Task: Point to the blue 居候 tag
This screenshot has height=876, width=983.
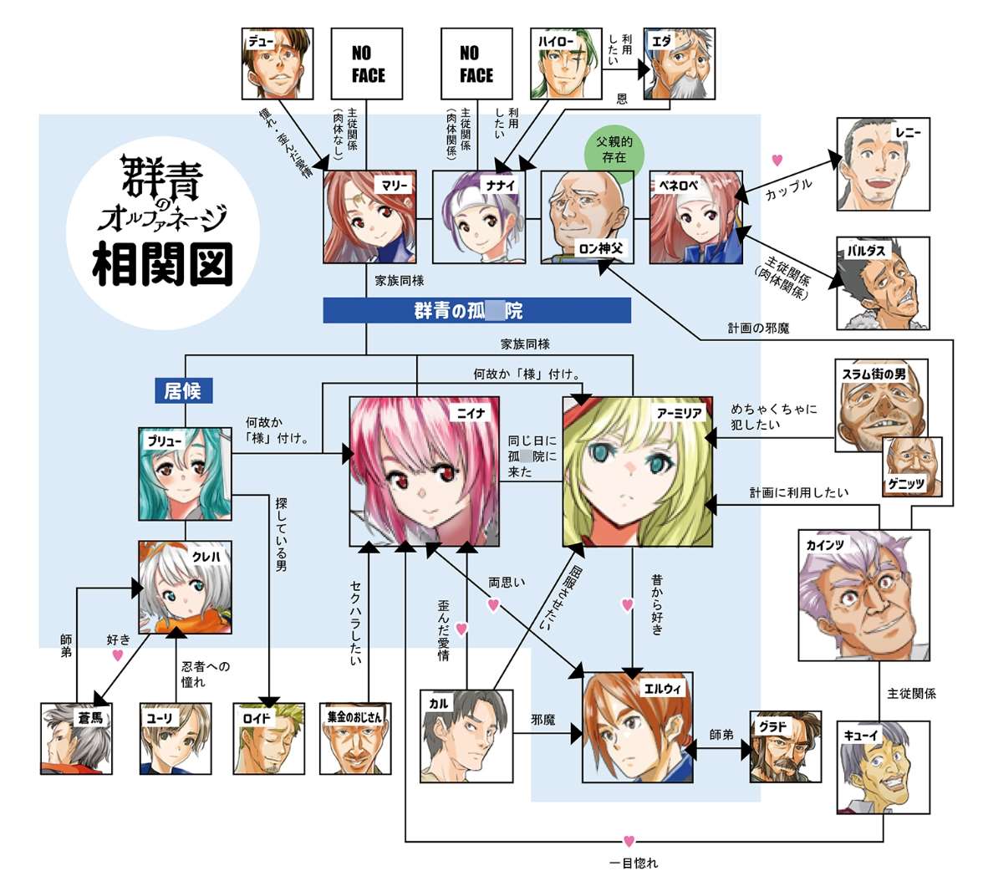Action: [x=183, y=390]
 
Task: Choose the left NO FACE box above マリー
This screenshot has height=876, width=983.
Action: [x=368, y=64]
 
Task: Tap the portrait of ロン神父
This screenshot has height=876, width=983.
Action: [x=586, y=217]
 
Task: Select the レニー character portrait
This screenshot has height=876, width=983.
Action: [x=882, y=164]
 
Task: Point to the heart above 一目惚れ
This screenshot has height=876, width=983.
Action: [x=629, y=841]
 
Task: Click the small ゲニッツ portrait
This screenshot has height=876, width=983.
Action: [x=913, y=466]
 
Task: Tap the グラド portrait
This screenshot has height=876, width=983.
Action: [x=785, y=746]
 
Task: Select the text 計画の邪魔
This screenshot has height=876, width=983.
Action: [x=757, y=329]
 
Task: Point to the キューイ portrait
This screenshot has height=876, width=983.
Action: [x=883, y=766]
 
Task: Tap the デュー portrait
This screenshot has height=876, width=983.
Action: [x=277, y=64]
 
